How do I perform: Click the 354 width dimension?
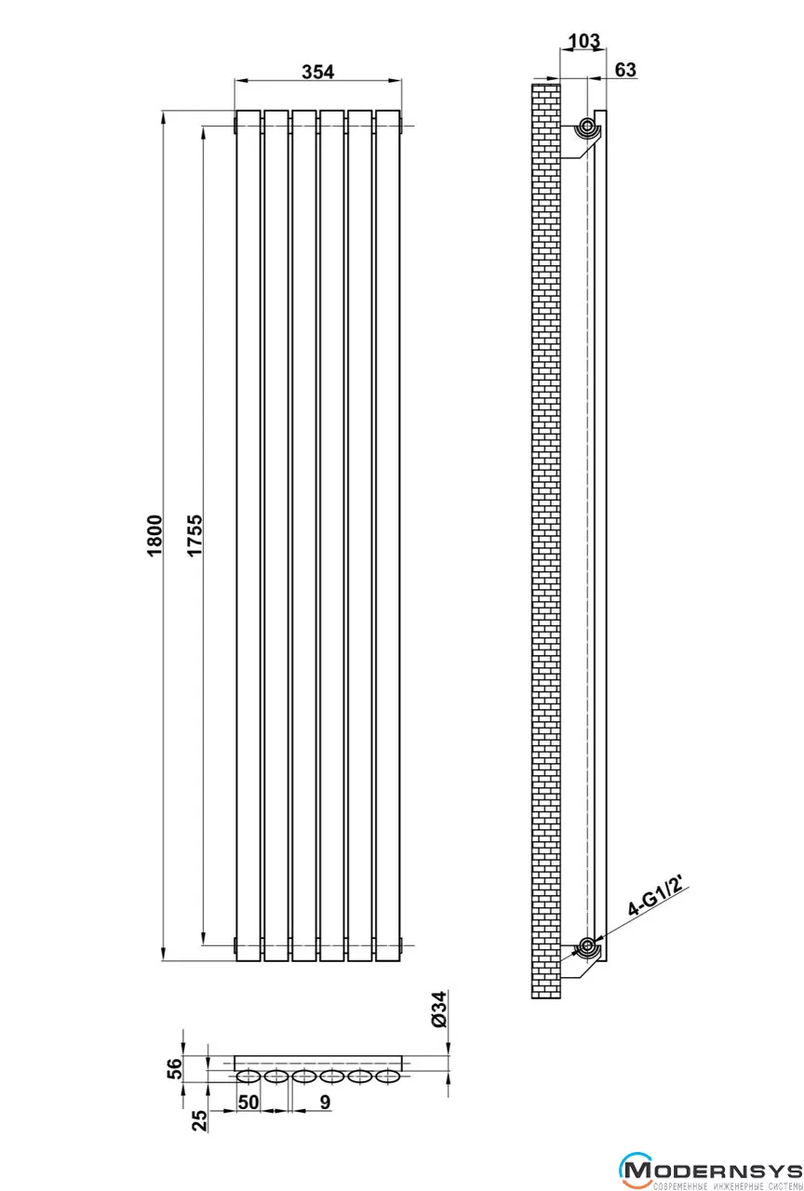[x=318, y=72]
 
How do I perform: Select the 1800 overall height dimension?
[x=154, y=535]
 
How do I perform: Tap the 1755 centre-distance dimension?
[x=195, y=535]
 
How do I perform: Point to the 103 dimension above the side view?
[x=584, y=40]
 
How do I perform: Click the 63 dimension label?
[x=625, y=70]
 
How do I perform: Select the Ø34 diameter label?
[x=440, y=1010]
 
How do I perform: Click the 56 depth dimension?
[x=175, y=1069]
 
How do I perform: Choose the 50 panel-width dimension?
[x=248, y=1103]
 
